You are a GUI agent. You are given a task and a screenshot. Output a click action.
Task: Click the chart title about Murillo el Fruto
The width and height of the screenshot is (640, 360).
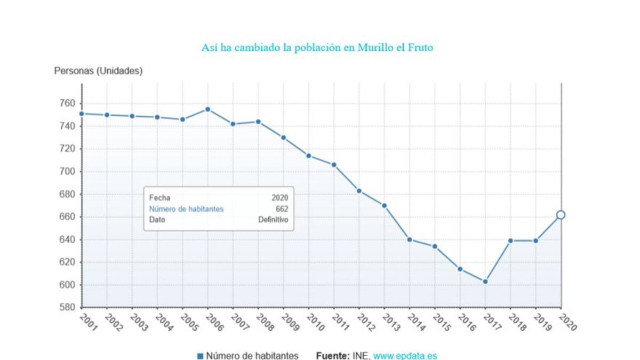pyautogui.click(x=317, y=47)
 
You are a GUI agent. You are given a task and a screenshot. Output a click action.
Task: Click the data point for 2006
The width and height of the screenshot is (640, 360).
pyautogui.click(x=208, y=109)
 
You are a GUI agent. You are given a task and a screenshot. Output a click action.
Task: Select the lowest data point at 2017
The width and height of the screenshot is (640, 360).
pyautogui.click(x=485, y=282)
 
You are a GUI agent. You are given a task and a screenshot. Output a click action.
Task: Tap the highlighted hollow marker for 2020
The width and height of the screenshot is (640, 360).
pyautogui.click(x=561, y=215)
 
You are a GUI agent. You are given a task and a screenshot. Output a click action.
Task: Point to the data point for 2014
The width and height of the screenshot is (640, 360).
pyautogui.click(x=410, y=239)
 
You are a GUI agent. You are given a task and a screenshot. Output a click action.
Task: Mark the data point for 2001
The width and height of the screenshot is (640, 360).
pyautogui.click(x=82, y=114)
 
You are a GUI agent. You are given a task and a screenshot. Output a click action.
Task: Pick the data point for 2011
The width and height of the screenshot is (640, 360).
pyautogui.click(x=334, y=165)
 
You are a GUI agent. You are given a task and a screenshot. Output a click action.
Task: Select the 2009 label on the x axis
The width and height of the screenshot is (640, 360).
pyautogui.click(x=290, y=323)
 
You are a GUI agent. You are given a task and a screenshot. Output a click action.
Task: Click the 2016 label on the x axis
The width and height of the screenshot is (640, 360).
pyautogui.click(x=467, y=323)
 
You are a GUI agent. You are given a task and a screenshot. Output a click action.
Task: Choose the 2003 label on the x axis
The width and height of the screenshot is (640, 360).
pyautogui.click(x=139, y=323)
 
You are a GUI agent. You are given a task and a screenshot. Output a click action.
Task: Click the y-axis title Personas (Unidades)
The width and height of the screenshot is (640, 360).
pyautogui.click(x=99, y=71)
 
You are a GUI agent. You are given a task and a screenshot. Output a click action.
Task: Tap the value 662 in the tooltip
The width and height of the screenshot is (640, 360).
pyautogui.click(x=282, y=209)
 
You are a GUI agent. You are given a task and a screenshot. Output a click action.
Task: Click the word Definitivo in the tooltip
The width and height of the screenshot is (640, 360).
pyautogui.click(x=273, y=220)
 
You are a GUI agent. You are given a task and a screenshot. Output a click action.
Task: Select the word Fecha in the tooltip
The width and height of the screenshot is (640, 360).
pyautogui.click(x=159, y=198)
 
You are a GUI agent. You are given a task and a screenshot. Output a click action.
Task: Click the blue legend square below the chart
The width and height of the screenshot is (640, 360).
pyautogui.click(x=200, y=356)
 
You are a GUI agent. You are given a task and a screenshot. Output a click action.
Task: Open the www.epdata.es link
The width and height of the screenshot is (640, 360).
pyautogui.click(x=405, y=356)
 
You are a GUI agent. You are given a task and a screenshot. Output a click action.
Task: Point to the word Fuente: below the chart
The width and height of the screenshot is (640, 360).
pyautogui.click(x=333, y=356)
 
